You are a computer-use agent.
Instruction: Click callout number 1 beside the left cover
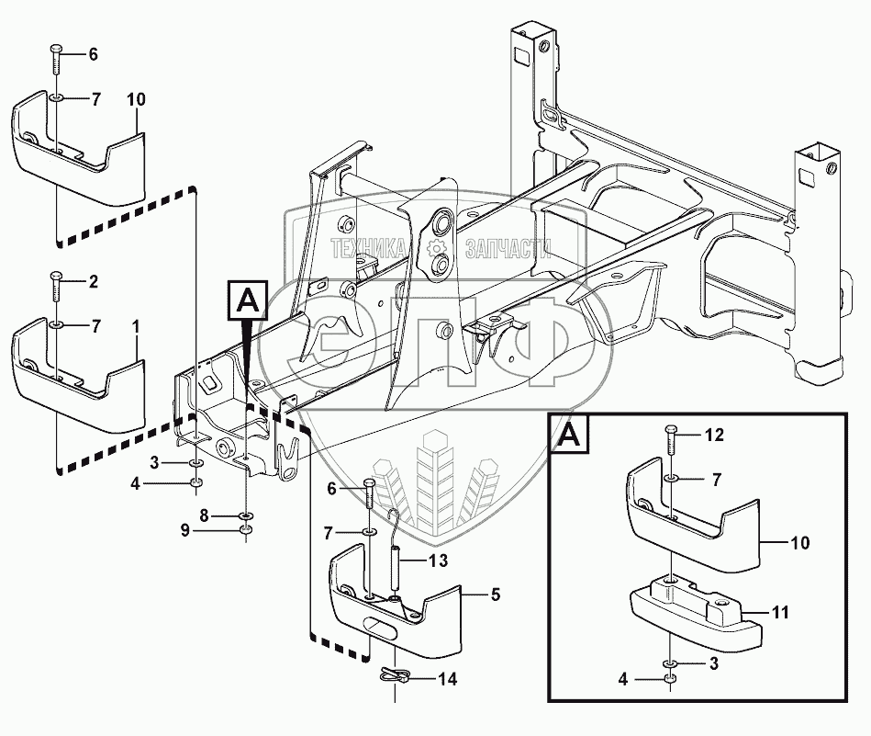[x=136, y=326]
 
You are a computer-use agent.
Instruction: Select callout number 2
[x=94, y=280]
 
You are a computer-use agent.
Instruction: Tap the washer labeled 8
[x=244, y=516]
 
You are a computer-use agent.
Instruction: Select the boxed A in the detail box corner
[x=569, y=436]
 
